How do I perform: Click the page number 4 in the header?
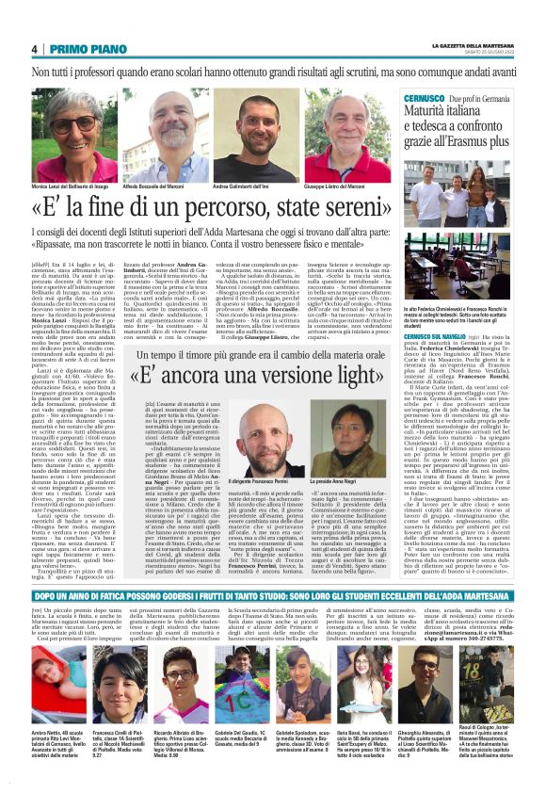pos(34,49)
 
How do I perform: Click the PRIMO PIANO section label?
pos(82,49)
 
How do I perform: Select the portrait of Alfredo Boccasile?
pos(158,132)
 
